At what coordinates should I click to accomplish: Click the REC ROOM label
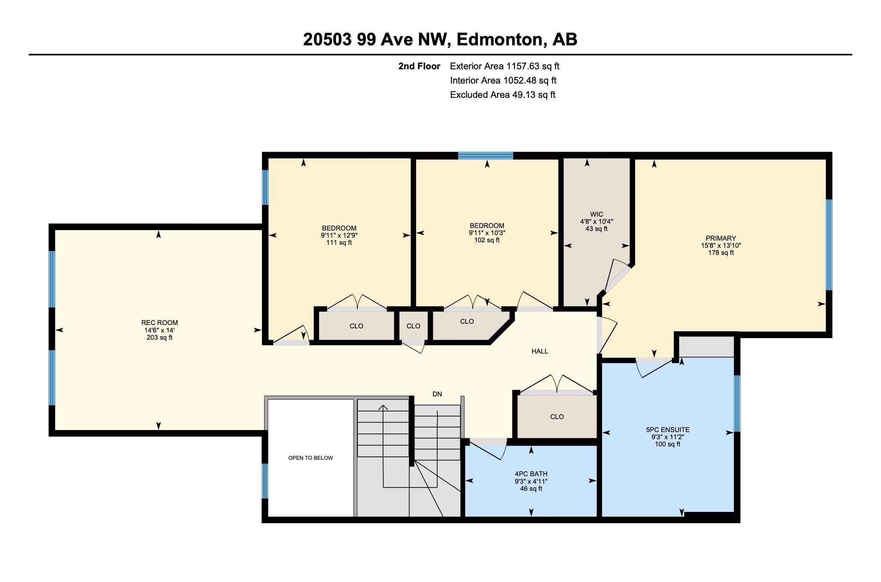[160, 322]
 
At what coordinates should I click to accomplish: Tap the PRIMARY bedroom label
[721, 238]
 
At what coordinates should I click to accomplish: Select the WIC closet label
[596, 214]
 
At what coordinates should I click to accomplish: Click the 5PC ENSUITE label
[668, 430]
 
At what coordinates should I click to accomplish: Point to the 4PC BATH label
[531, 474]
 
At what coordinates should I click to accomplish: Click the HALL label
[540, 351]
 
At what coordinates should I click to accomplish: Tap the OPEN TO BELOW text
[311, 458]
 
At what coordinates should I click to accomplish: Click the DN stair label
[437, 394]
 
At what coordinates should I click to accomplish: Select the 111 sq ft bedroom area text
[339, 242]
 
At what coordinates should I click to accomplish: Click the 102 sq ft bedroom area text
[487, 240]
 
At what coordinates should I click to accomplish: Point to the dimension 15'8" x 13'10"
[721, 245]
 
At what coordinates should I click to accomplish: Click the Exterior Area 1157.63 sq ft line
[505, 66]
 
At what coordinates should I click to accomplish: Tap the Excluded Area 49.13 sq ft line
[503, 94]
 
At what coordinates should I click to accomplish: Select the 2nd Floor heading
[419, 66]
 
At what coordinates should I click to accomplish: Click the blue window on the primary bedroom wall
[829, 245]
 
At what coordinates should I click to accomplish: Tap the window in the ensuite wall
[737, 404]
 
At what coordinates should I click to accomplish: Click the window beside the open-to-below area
[265, 481]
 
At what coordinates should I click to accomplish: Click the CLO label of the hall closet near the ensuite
[557, 417]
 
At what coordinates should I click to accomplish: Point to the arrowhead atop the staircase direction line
[383, 407]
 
